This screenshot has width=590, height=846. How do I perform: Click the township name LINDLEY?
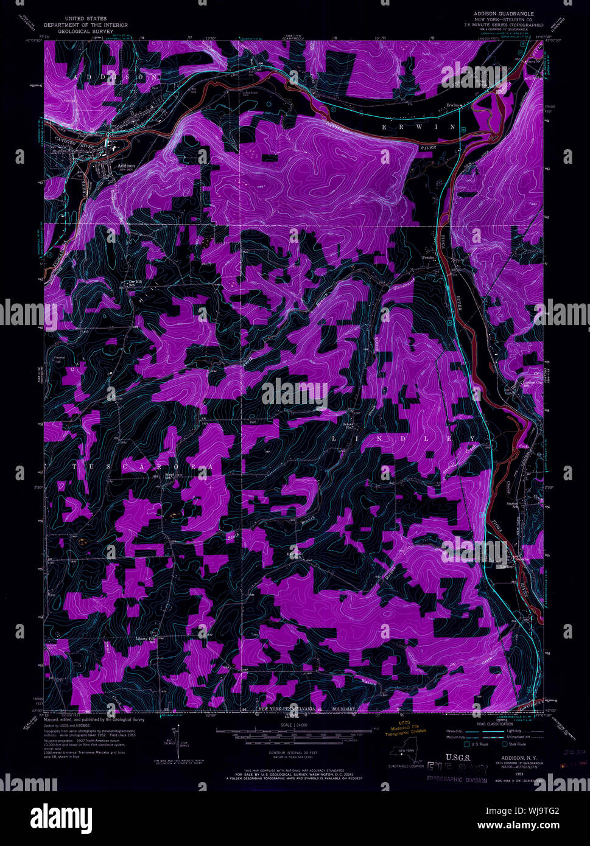pos(404,438)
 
